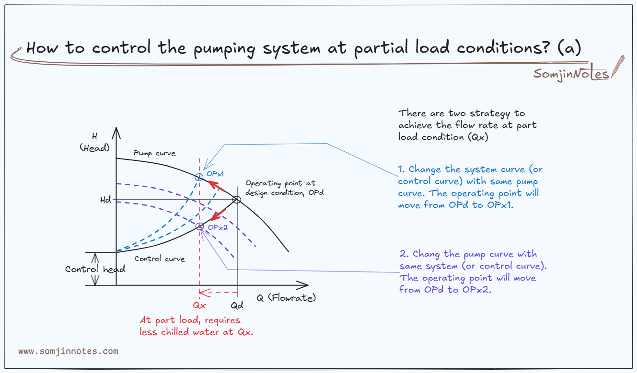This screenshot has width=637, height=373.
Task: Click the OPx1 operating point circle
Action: pos(199,178)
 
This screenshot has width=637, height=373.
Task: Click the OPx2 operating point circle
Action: pos(199,226)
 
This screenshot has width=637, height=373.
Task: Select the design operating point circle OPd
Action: pos(236,200)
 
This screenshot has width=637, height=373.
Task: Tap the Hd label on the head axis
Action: pos(104,200)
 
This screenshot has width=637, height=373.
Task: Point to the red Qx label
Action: pos(199,305)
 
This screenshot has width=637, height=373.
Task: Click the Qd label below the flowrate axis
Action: pos(237,305)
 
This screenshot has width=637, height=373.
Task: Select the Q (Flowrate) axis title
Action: pos(286,298)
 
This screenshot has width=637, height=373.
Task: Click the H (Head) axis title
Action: pos(94,142)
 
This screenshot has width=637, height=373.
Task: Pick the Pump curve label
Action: pos(154,153)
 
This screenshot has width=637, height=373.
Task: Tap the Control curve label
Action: pos(160,259)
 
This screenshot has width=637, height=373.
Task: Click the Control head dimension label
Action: pos(95,269)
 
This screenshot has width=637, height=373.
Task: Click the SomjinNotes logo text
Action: pos(571,74)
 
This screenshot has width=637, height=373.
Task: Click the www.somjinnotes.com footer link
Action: pos(68,351)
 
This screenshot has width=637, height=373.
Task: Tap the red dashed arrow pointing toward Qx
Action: pos(218,292)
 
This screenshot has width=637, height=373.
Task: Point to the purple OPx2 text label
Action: pos(217,228)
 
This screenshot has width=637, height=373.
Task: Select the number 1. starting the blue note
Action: pos(402,170)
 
